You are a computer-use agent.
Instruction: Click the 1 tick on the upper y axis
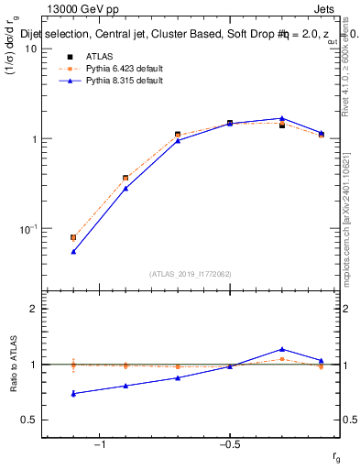click(32, 139)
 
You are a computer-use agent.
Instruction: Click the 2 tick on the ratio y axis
click(32, 309)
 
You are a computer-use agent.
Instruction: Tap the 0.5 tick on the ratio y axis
click(28, 420)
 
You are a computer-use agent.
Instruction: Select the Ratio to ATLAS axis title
click(15, 364)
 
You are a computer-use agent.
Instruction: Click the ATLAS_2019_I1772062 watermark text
click(191, 273)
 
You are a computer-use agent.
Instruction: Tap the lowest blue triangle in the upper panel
click(73, 251)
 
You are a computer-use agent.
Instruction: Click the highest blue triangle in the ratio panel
click(282, 349)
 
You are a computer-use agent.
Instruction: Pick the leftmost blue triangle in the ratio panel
click(73, 394)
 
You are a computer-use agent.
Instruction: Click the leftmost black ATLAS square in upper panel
click(73, 237)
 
